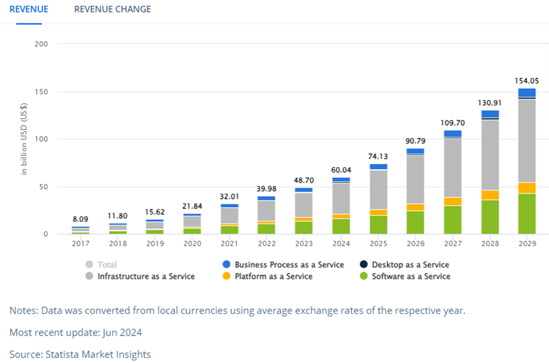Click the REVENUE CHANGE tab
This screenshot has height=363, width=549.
pos(112,9)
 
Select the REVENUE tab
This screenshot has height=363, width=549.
pos(29,9)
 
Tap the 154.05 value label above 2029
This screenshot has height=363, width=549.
pos(527,81)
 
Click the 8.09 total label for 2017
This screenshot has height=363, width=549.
pos(80,219)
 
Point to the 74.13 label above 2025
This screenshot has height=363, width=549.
pos(378,156)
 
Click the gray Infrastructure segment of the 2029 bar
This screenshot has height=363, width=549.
pos(527,140)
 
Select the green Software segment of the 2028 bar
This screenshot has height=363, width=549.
pos(490,217)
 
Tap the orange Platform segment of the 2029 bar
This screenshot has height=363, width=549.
pos(527,188)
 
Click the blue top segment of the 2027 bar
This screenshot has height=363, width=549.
pos(453,134)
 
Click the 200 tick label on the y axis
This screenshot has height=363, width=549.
pos(42,44)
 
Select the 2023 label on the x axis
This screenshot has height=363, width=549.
pos(304,244)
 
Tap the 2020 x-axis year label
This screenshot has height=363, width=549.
pos(192,244)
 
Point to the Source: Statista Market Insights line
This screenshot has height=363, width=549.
pos(80,354)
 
